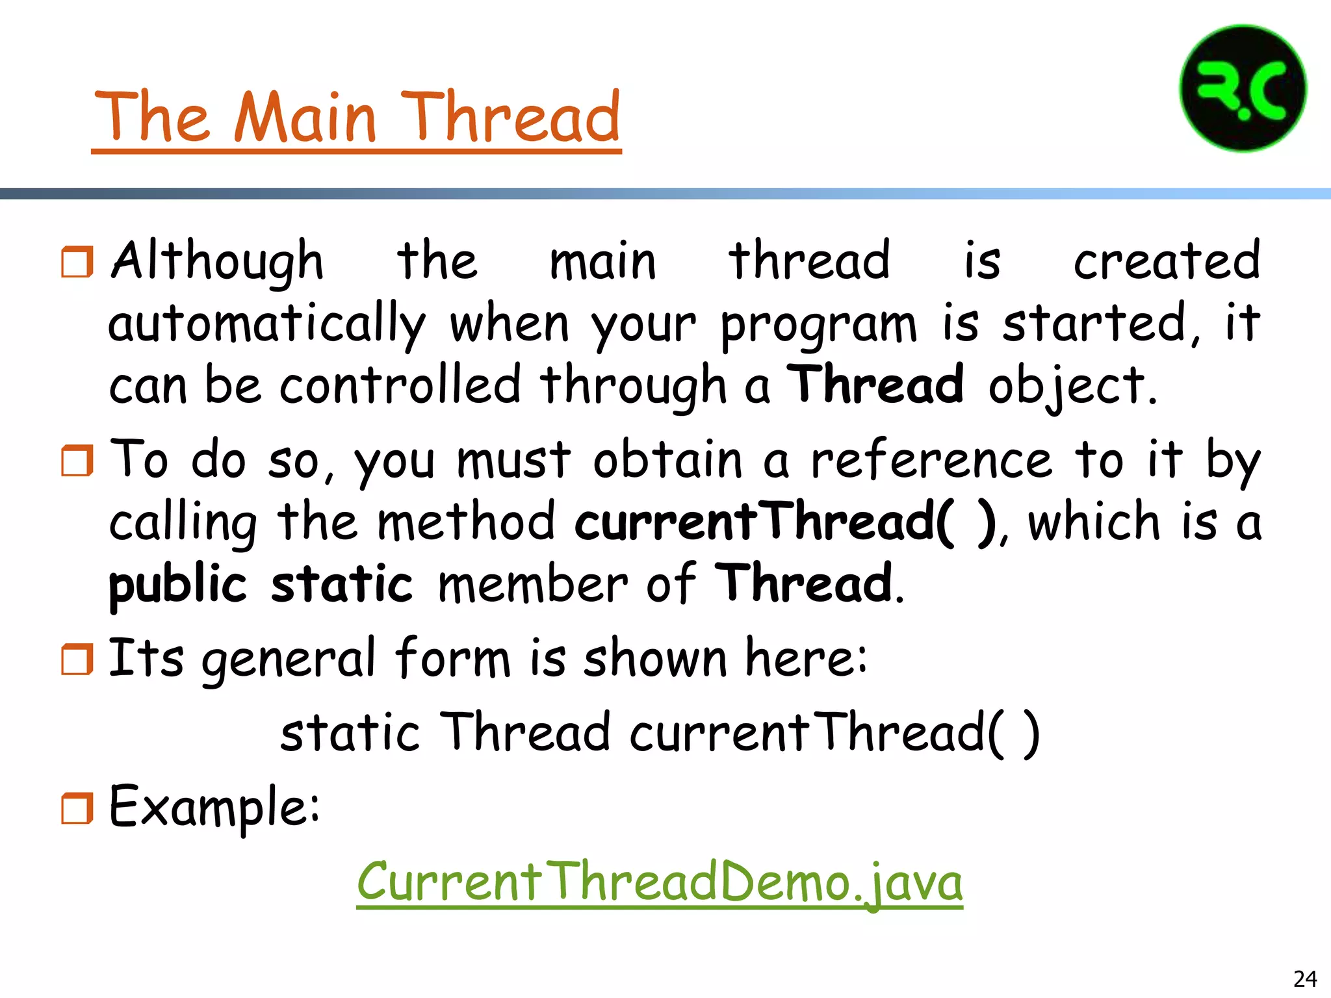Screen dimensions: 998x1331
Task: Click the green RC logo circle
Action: [1243, 88]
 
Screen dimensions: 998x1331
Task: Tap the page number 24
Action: [1305, 979]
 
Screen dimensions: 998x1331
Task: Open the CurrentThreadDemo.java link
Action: [659, 882]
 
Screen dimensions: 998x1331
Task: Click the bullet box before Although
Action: [77, 262]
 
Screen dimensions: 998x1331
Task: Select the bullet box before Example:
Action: [77, 808]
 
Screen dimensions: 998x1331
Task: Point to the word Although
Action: [217, 261]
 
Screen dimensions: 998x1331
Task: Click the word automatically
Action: [266, 324]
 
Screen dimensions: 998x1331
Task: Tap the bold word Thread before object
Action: [875, 385]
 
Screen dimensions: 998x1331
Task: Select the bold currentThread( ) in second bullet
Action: [785, 522]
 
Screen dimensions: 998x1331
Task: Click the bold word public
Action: [177, 584]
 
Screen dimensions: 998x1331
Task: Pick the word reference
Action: [931, 460]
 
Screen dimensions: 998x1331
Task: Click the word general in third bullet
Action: [289, 658]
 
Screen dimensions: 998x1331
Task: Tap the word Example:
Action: [214, 807]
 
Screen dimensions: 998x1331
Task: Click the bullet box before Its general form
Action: [77, 659]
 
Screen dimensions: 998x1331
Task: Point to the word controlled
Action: [400, 385]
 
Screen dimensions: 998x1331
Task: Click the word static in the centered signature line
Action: [350, 733]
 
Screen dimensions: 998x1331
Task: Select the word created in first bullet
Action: [1166, 261]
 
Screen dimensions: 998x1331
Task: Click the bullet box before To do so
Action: [77, 461]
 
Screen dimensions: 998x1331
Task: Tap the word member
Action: [532, 584]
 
